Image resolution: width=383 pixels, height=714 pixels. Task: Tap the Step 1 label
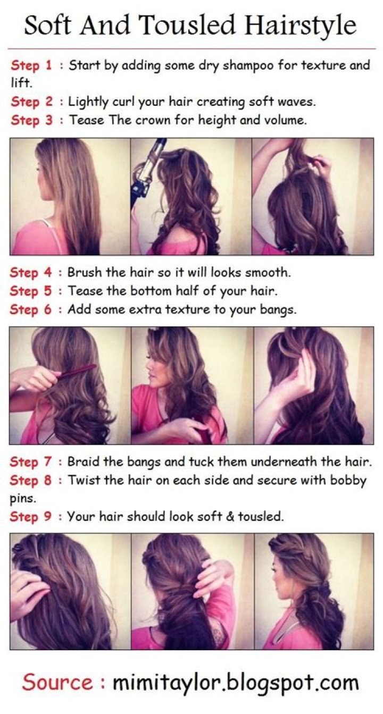pos(31,66)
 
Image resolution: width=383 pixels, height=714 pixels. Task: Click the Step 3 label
pos(31,120)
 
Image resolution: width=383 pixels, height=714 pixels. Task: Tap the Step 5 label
pos(31,291)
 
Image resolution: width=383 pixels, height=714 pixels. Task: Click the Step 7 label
pos(31,462)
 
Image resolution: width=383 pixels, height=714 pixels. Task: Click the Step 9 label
pos(31,516)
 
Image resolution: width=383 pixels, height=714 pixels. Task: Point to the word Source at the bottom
pos(57,682)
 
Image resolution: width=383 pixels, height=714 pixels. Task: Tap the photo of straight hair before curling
pos(70,196)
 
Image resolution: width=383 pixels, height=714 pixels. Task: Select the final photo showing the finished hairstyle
pos(313,591)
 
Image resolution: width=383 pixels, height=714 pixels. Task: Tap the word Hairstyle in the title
pos(301,25)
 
